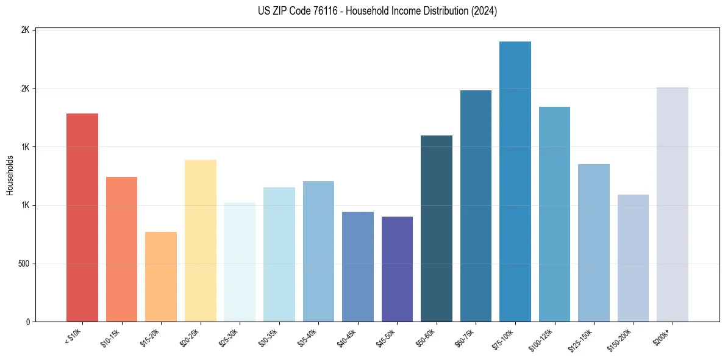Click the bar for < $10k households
[82, 217]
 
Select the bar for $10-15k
[121, 249]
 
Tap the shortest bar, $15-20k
[161, 276]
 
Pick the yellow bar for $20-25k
[201, 240]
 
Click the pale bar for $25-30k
[240, 262]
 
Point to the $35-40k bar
[318, 251]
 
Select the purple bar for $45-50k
[397, 269]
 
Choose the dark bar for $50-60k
[437, 228]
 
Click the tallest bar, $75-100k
[515, 181]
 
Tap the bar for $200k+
[673, 204]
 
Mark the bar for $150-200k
[633, 258]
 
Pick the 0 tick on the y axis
[28, 322]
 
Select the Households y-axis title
[10, 176]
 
